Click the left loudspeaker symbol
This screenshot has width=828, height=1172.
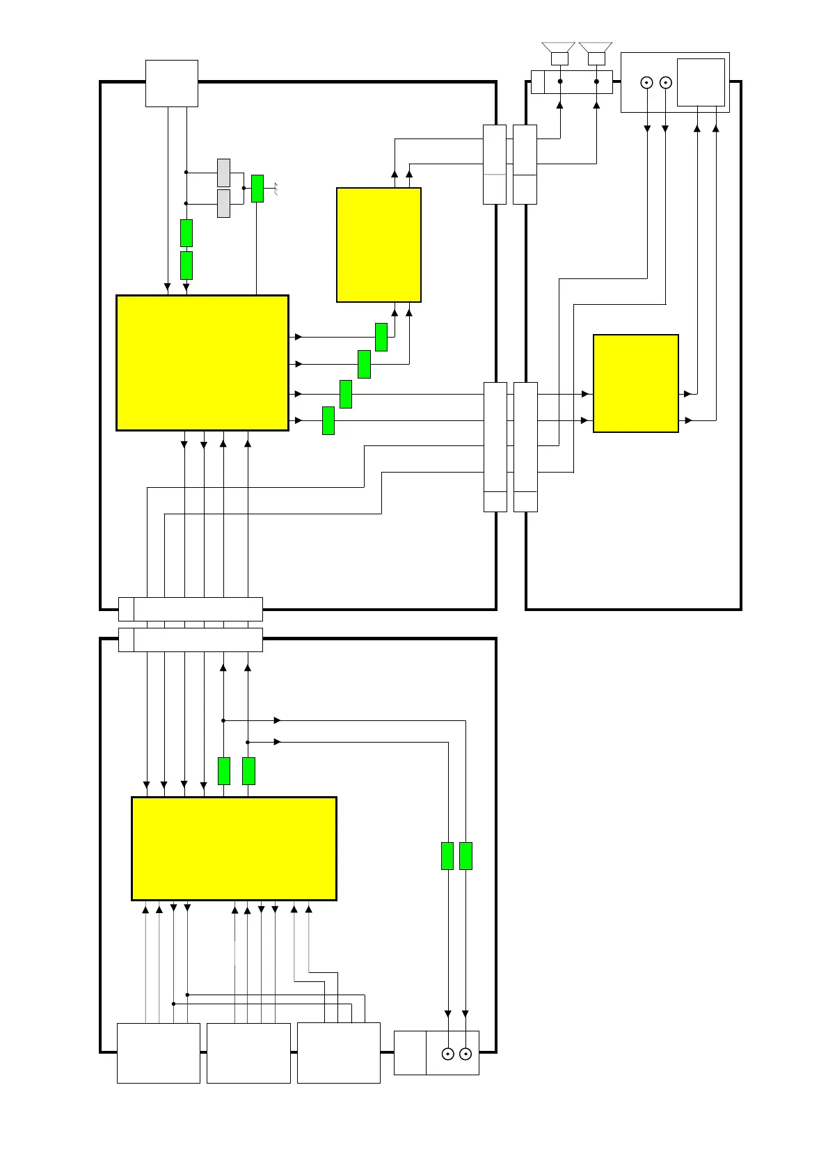click(559, 53)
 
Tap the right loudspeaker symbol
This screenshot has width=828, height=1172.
click(596, 53)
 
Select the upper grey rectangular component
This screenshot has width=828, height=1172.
click(223, 173)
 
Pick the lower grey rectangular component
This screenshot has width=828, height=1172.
click(223, 203)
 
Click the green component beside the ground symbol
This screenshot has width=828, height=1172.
click(257, 189)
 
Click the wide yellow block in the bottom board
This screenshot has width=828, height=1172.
click(234, 848)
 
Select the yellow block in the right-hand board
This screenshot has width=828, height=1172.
click(635, 383)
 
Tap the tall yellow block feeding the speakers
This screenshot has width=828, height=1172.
click(379, 245)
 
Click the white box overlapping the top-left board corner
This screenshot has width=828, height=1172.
click(171, 84)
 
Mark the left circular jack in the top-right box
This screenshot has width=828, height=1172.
click(646, 83)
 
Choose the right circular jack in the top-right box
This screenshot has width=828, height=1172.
click(665, 83)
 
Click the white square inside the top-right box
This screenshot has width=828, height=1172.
click(701, 82)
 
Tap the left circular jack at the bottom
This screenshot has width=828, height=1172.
click(447, 1054)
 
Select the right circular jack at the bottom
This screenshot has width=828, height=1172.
click(465, 1054)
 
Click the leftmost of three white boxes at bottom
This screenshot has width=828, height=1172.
click(158, 1053)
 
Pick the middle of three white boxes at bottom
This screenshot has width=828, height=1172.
click(248, 1053)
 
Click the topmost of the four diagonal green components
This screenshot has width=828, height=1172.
click(381, 337)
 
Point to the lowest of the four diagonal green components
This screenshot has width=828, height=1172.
click(328, 420)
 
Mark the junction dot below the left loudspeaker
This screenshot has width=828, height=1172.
click(559, 81)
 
